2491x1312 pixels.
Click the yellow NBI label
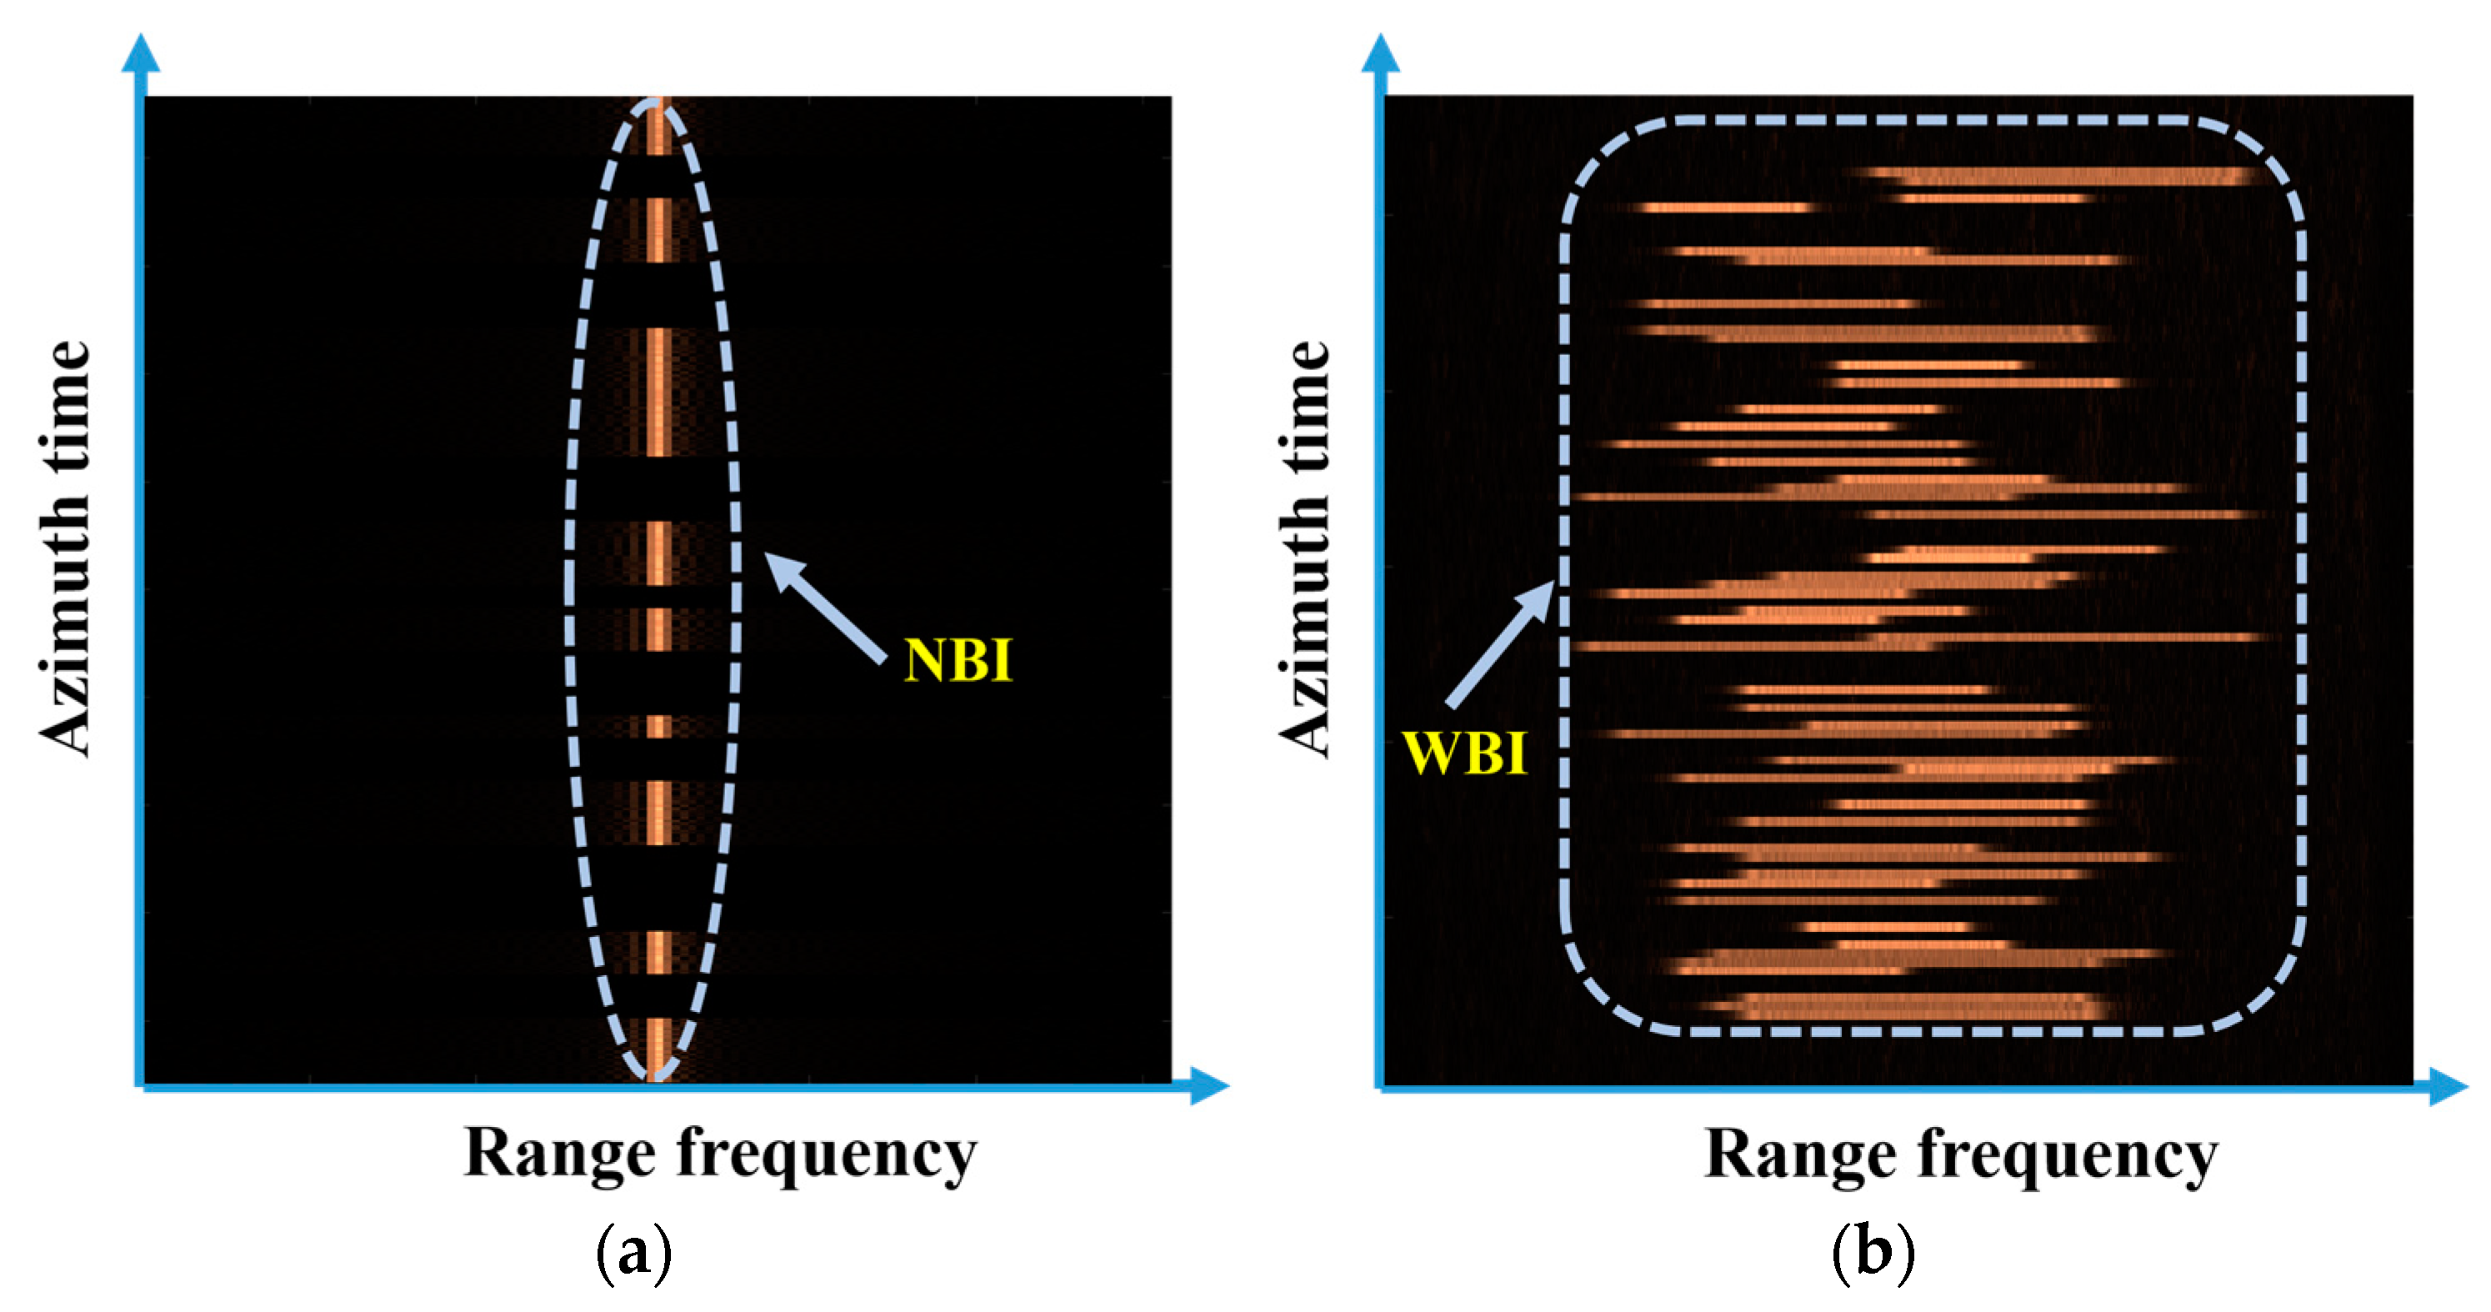(x=958, y=660)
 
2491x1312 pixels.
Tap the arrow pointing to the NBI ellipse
(x=824, y=607)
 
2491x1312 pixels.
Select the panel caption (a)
(x=633, y=1252)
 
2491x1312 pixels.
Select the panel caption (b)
(x=1873, y=1252)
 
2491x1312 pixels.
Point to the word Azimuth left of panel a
(x=66, y=629)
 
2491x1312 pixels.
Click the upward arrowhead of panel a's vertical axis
(x=141, y=53)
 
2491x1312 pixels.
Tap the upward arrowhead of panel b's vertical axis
(x=1381, y=53)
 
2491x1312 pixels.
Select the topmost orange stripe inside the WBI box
(x=2059, y=176)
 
